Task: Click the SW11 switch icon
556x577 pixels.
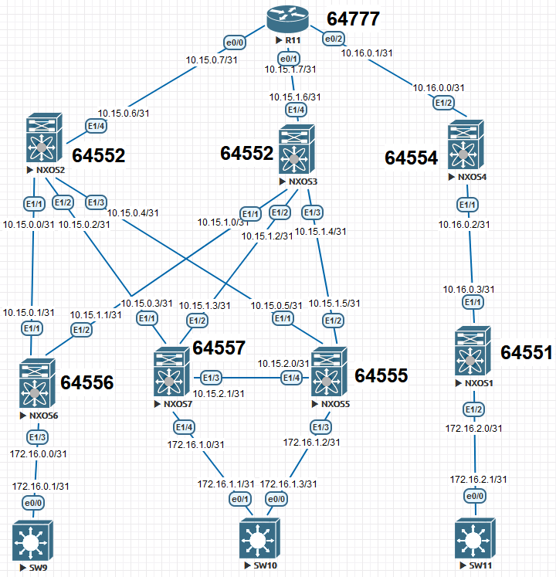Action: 474,540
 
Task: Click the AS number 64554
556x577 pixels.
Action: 412,158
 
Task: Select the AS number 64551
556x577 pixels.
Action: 527,353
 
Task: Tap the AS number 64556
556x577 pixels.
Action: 86,382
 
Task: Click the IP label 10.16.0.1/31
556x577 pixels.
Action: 368,53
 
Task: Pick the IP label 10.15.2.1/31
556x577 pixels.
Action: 219,393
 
